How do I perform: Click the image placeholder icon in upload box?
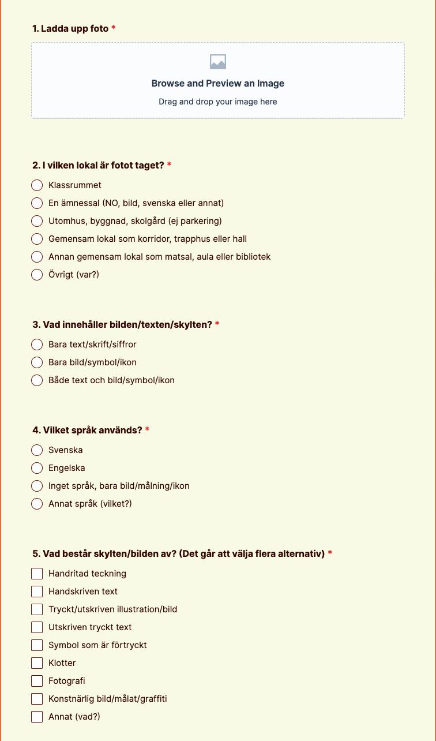(218, 62)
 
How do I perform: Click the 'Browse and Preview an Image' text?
(218, 83)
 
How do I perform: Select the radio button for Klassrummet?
(37, 185)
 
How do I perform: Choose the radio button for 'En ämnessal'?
(37, 203)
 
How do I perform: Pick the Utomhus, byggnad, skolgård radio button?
(37, 221)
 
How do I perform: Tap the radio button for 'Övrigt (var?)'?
(37, 275)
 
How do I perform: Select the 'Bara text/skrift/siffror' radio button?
(37, 345)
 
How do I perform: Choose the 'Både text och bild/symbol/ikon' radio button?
(37, 380)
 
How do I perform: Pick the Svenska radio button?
(37, 450)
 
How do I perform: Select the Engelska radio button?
(37, 468)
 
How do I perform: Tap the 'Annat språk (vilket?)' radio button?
(37, 504)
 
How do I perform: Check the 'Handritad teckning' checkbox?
(37, 574)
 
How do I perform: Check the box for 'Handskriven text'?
(37, 592)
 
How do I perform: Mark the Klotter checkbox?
(37, 663)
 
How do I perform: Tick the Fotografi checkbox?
(37, 681)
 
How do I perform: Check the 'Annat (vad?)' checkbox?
(37, 717)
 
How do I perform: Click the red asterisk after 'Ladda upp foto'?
(114, 28)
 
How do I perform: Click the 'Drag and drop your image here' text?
(218, 102)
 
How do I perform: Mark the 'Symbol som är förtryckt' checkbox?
(37, 645)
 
